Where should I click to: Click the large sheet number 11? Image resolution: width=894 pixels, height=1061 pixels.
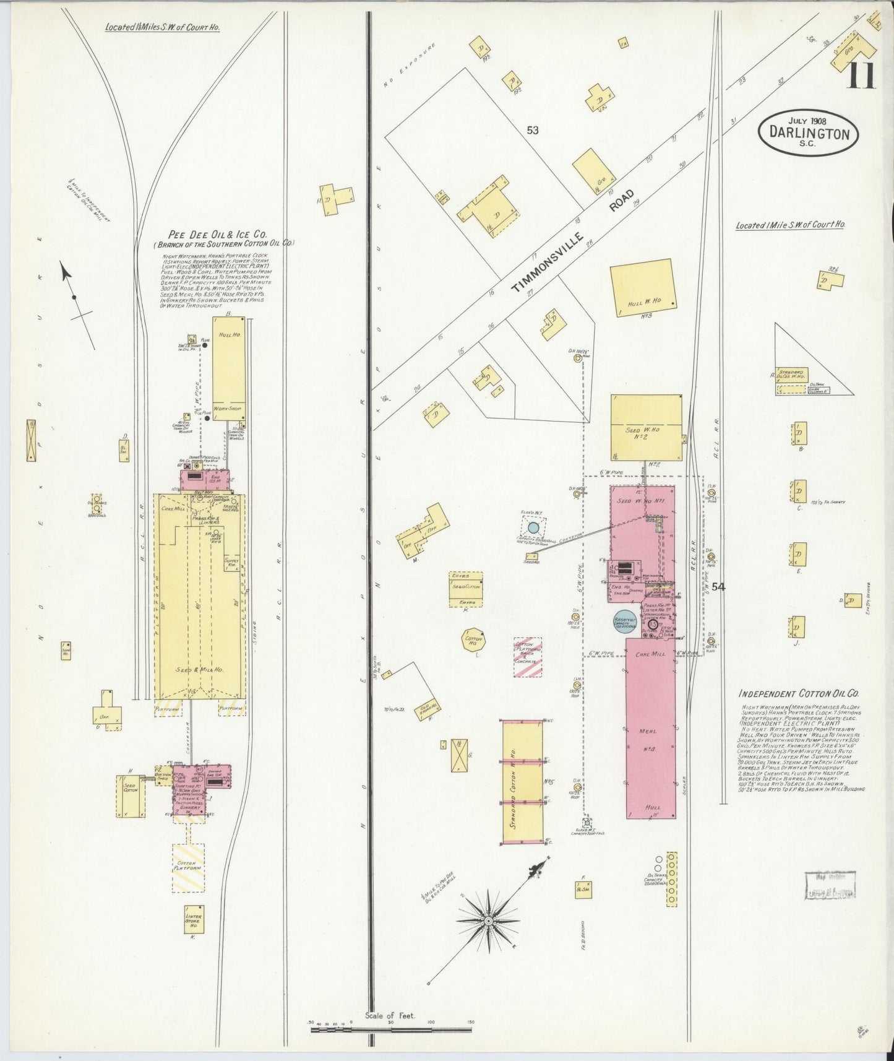[x=861, y=76]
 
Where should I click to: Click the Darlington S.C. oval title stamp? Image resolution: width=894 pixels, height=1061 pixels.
[x=808, y=132]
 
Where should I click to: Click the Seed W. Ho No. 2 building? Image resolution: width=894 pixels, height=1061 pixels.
[x=646, y=428]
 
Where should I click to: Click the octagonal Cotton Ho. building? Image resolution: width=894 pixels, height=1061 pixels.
[x=473, y=640]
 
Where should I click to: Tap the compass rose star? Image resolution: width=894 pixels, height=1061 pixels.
[x=489, y=921]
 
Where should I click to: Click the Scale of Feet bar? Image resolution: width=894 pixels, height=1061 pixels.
[x=391, y=1030]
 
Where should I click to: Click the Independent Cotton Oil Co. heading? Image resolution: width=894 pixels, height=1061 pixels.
[x=799, y=695]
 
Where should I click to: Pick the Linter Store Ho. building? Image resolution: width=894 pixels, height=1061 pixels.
[x=193, y=920]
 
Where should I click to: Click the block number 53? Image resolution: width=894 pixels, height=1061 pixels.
[x=532, y=130]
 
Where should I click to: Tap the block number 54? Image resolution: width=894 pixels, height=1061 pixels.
[x=718, y=587]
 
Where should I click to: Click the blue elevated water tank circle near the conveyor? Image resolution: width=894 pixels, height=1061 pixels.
[x=533, y=529]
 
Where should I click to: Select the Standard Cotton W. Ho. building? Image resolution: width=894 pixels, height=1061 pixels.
[x=522, y=781]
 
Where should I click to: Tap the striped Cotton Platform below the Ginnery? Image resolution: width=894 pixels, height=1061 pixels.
[x=187, y=868]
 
